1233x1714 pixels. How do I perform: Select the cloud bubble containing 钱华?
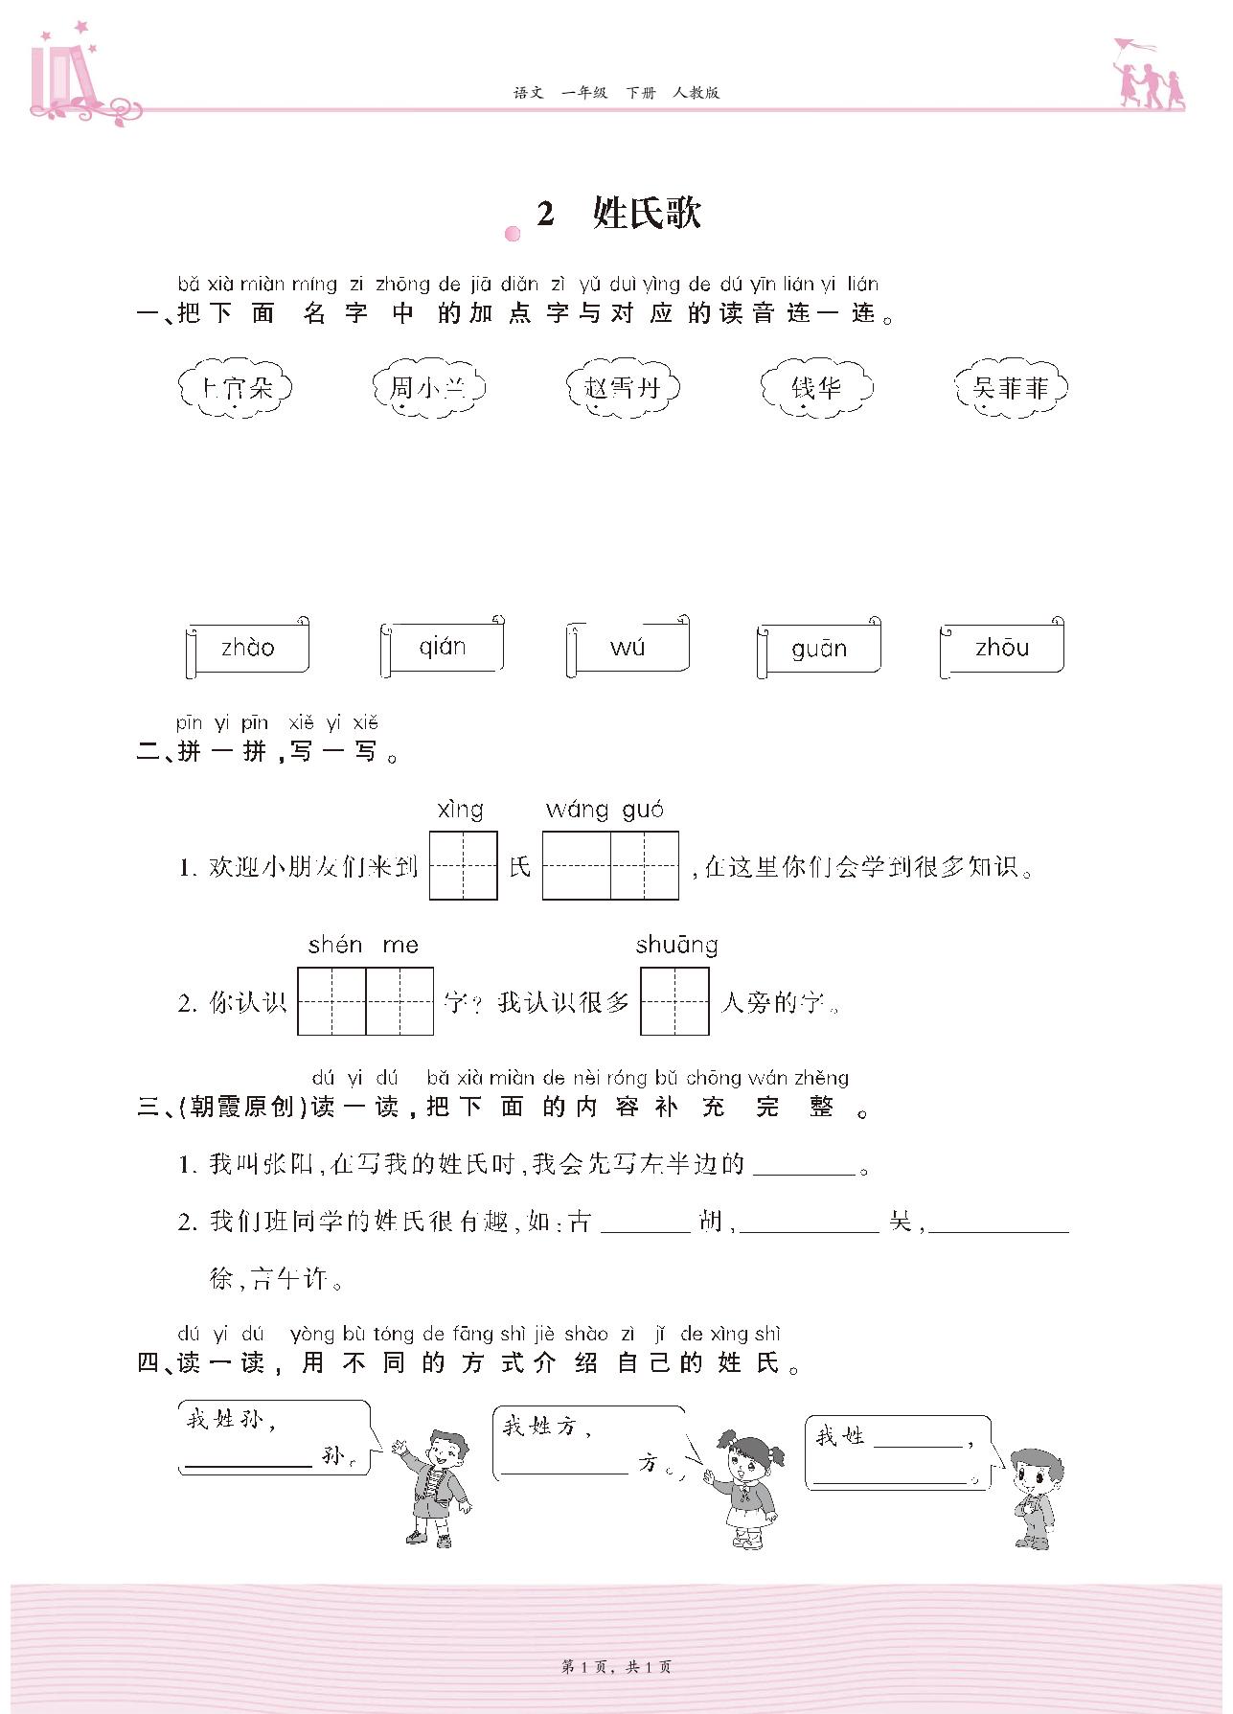pyautogui.click(x=816, y=388)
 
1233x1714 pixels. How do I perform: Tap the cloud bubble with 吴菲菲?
pyautogui.click(x=1011, y=388)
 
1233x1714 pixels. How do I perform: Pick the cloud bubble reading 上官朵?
pyautogui.click(x=235, y=388)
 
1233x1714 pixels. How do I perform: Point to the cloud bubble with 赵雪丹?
pyautogui.click(x=623, y=388)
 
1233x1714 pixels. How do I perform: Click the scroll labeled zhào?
pyautogui.click(x=247, y=648)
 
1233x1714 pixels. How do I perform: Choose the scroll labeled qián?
pyautogui.click(x=443, y=648)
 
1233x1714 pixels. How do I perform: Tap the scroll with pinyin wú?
pyautogui.click(x=628, y=648)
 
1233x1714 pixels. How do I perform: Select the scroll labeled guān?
pyautogui.click(x=819, y=649)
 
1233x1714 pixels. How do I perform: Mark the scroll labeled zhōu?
pyautogui.click(x=1002, y=648)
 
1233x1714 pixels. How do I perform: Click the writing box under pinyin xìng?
pyautogui.click(x=464, y=866)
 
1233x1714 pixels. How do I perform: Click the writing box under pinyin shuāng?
pyautogui.click(x=674, y=1001)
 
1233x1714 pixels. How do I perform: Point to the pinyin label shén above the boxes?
pyautogui.click(x=335, y=946)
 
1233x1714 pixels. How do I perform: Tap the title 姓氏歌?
pyautogui.click(x=647, y=213)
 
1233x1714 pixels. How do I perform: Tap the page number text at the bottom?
pyautogui.click(x=616, y=1667)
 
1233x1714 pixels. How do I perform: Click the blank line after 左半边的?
pyautogui.click(x=804, y=1167)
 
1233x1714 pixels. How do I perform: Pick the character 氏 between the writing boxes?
pyautogui.click(x=520, y=867)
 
